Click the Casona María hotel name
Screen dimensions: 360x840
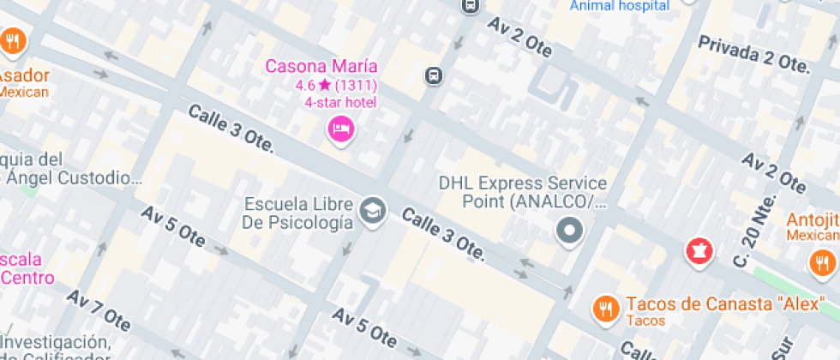[x=321, y=66]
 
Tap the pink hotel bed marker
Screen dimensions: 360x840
[x=342, y=129]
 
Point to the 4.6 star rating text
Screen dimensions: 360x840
[x=336, y=86]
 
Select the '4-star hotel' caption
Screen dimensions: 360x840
[x=340, y=103]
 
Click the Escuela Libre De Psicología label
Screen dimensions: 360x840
[x=298, y=214]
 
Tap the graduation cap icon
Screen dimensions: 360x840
[x=373, y=210]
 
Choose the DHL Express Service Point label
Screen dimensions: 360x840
[x=523, y=192]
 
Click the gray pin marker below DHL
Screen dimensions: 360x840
[x=569, y=230]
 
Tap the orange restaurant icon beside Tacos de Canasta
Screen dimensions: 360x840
[x=607, y=309]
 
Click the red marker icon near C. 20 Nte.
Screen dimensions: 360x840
[x=699, y=251]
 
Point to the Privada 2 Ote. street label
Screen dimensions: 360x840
[x=753, y=53]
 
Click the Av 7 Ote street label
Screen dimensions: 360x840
[x=99, y=311]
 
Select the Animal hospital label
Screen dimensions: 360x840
[x=620, y=6]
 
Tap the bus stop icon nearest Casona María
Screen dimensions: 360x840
[x=434, y=75]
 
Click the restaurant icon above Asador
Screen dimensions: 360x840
[x=12, y=40]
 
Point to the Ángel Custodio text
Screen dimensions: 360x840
[x=74, y=178]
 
